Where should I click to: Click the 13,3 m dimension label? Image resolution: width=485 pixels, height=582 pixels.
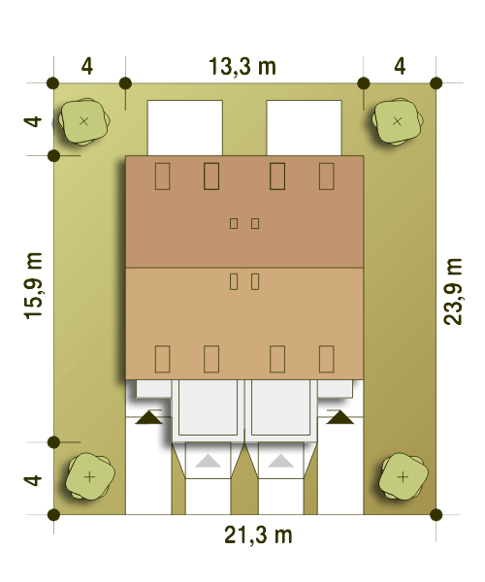click(242, 67)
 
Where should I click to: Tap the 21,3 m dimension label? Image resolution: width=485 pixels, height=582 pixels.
click(258, 535)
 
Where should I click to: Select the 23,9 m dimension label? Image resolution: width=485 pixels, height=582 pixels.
click(453, 292)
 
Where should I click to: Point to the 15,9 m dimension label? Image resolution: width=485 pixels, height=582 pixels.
click(33, 286)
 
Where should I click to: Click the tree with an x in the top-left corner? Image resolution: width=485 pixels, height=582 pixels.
click(84, 121)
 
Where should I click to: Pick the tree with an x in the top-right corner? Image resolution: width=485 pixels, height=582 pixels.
click(398, 121)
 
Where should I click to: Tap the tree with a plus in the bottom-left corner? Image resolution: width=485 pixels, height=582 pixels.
click(89, 476)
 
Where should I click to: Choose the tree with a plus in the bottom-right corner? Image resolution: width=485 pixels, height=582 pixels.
click(404, 476)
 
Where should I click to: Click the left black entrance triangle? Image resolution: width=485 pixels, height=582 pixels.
click(148, 417)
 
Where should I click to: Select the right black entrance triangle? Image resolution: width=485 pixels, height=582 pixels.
click(340, 417)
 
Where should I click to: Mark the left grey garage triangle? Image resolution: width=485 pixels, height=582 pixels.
click(208, 461)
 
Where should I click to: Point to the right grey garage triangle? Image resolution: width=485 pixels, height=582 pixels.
click(281, 461)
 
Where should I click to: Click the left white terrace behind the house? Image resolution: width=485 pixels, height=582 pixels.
click(185, 128)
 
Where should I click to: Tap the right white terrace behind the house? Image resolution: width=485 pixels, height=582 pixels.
click(304, 128)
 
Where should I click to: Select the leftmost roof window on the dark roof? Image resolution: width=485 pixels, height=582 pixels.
click(162, 176)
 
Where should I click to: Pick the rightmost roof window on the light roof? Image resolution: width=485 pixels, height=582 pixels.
click(327, 359)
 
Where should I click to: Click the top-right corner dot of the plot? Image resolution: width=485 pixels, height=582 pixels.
click(436, 83)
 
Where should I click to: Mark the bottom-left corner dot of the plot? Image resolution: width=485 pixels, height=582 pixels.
click(53, 514)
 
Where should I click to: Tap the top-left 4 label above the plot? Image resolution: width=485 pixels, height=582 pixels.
click(87, 67)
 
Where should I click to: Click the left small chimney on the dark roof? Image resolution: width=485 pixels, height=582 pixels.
click(234, 223)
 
